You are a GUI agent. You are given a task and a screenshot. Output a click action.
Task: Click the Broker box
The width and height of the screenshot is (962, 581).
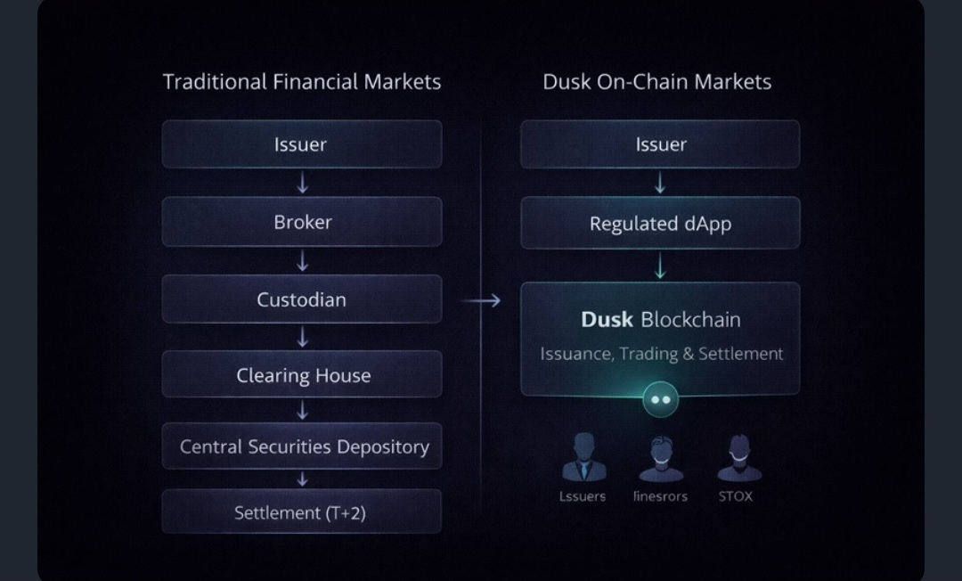click(302, 222)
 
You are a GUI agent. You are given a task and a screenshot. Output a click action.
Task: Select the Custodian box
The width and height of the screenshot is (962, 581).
click(302, 299)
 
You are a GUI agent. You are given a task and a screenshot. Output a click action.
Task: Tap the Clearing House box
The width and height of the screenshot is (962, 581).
click(302, 375)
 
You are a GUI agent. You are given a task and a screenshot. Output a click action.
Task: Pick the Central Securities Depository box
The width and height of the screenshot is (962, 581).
click(302, 446)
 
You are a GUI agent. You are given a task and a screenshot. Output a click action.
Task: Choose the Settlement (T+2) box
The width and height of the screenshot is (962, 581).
click(302, 512)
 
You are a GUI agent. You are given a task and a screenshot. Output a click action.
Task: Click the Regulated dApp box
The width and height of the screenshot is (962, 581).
click(660, 224)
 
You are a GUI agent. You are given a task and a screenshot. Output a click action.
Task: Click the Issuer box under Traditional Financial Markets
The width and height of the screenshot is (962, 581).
click(302, 144)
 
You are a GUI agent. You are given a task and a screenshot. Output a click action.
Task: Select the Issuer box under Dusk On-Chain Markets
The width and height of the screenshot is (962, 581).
click(660, 144)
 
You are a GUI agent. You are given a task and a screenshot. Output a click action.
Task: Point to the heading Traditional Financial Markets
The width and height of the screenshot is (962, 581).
click(302, 82)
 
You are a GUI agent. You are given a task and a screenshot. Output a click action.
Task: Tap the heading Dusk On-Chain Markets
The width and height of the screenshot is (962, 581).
click(657, 82)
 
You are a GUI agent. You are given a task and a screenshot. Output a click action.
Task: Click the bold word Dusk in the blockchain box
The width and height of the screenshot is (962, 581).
click(607, 319)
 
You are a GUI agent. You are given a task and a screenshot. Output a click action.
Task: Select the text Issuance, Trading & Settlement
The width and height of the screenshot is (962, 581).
click(661, 354)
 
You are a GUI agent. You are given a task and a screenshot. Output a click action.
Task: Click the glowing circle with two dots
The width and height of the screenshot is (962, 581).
click(660, 400)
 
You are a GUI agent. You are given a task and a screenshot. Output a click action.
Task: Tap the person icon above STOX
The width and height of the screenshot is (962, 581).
click(738, 458)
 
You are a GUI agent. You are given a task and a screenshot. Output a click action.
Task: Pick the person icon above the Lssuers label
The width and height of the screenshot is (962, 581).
click(583, 458)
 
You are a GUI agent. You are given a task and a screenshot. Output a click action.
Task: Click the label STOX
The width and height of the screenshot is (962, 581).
click(736, 496)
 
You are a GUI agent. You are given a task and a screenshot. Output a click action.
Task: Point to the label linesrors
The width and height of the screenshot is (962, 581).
click(660, 496)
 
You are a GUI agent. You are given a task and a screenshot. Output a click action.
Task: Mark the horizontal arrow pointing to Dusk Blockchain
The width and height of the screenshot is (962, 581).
click(482, 301)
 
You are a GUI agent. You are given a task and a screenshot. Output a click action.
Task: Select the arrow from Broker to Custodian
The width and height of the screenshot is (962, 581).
click(303, 260)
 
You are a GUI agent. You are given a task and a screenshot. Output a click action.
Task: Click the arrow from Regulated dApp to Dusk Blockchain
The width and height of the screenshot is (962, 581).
click(660, 266)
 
